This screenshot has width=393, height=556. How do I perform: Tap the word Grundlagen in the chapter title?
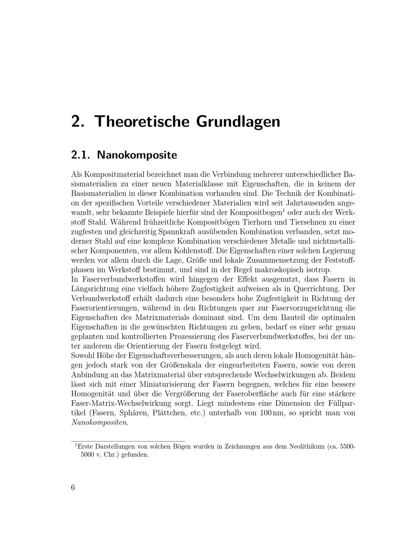tap(238, 121)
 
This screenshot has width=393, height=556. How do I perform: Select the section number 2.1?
tap(81, 155)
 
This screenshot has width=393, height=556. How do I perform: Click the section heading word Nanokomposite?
tap(137, 155)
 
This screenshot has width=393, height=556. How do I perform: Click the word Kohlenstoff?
tap(186, 250)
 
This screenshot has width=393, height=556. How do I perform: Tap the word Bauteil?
tap(290, 317)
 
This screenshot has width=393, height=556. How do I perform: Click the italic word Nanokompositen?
tap(99, 423)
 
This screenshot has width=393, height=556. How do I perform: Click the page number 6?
tap(73, 488)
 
